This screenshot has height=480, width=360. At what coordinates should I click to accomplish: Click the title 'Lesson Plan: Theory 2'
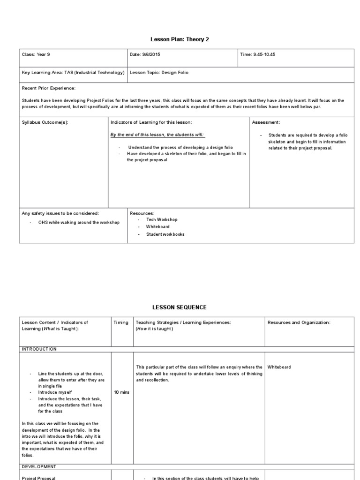(x=180, y=39)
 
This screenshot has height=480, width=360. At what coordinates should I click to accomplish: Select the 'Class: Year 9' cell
(x=36, y=55)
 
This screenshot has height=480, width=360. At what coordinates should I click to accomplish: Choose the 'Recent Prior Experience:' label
(x=49, y=88)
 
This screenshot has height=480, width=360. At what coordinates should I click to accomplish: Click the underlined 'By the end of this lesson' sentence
(x=157, y=135)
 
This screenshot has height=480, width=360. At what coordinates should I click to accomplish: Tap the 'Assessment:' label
(x=266, y=122)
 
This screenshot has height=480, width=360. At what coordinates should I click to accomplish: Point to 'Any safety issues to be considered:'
(x=60, y=213)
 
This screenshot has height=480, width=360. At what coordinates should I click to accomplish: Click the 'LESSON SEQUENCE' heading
(x=180, y=307)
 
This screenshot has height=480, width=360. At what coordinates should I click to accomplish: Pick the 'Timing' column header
(x=121, y=322)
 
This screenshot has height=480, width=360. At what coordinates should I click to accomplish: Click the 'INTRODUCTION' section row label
(x=39, y=349)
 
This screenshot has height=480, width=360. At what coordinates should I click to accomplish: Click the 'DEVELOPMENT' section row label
(x=39, y=467)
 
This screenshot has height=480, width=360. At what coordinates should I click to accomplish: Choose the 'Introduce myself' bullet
(x=55, y=392)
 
